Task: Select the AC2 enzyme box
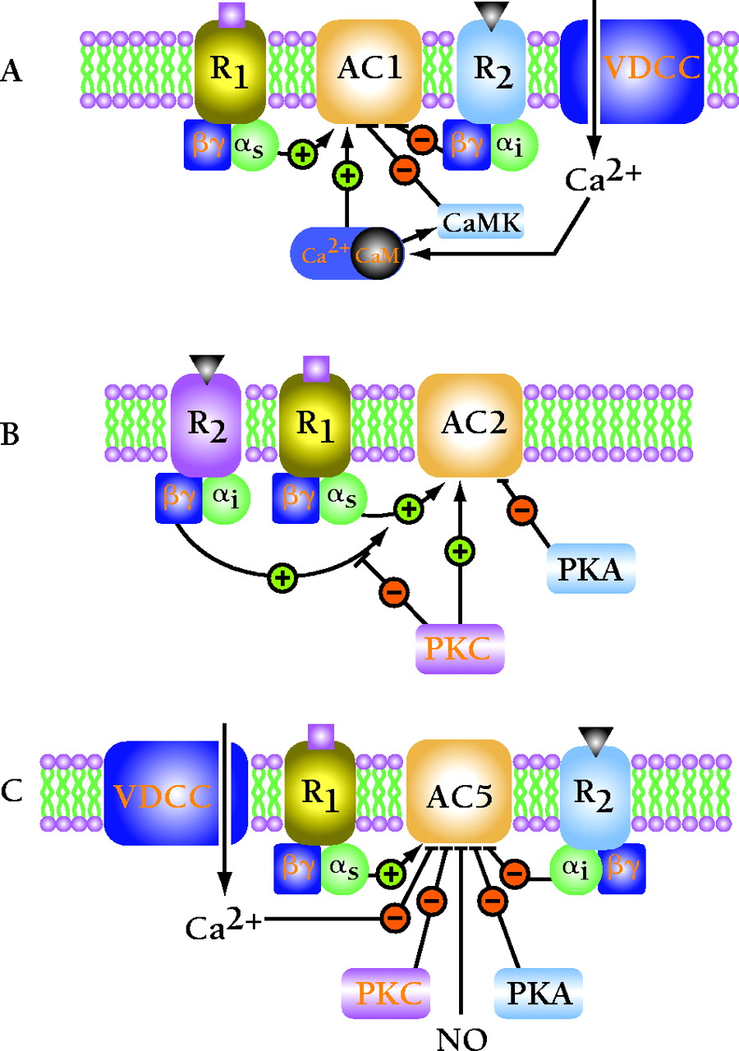470,425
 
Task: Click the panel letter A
11,71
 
